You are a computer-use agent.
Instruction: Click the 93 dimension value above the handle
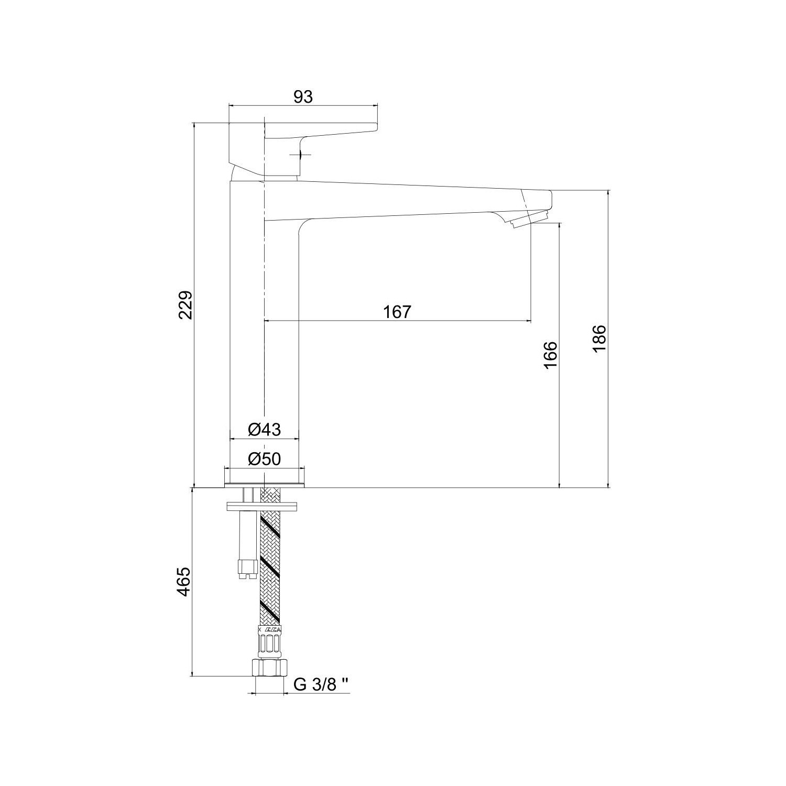pyautogui.click(x=302, y=96)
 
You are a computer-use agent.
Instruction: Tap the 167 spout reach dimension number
pyautogui.click(x=397, y=312)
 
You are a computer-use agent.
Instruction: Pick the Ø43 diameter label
pyautogui.click(x=264, y=430)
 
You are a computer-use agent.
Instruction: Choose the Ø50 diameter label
pyautogui.click(x=264, y=459)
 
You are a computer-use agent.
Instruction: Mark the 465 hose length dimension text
pyautogui.click(x=183, y=581)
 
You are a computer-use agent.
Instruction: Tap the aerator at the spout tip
pyautogui.click(x=528, y=217)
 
